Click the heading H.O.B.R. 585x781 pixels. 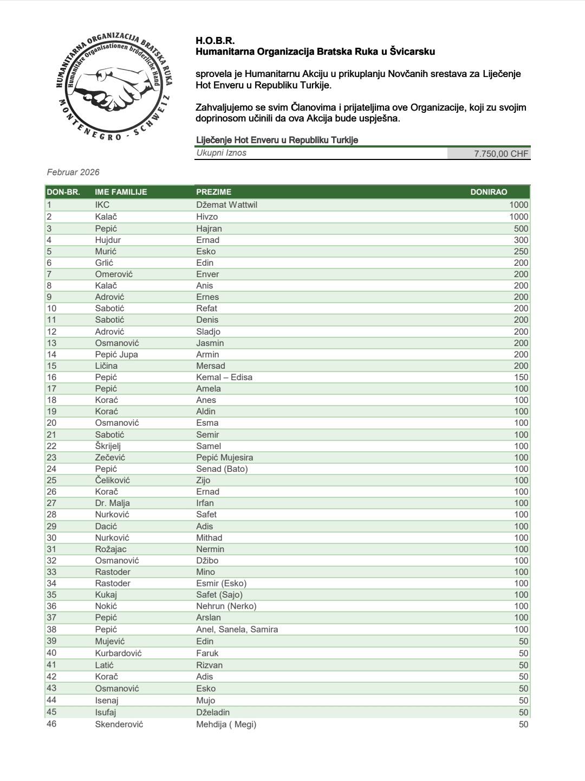pyautogui.click(x=215, y=41)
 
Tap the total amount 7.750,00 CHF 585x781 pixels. pyautogui.click(x=500, y=153)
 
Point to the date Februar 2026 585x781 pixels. pyautogui.click(x=73, y=172)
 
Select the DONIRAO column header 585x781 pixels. pyautogui.click(x=489, y=192)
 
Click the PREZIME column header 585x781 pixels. pyautogui.click(x=213, y=192)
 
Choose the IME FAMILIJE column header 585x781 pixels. pyautogui.click(x=121, y=192)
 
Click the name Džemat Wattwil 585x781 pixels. pyautogui.click(x=225, y=205)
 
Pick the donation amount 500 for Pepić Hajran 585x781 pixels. pyautogui.click(x=521, y=228)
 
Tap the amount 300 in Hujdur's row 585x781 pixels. pyautogui.click(x=521, y=240)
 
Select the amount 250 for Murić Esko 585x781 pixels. pyautogui.click(x=521, y=251)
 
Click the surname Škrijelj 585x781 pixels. pyautogui.click(x=108, y=446)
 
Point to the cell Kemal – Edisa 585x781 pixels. pyautogui.click(x=224, y=377)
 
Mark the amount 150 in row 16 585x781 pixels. pyautogui.click(x=521, y=377)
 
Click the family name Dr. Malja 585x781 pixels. pyautogui.click(x=112, y=503)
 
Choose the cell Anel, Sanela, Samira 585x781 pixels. pyautogui.click(x=237, y=629)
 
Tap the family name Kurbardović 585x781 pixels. pyautogui.click(x=119, y=653)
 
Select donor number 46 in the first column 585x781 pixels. pyautogui.click(x=51, y=724)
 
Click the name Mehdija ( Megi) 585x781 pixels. pyautogui.click(x=226, y=724)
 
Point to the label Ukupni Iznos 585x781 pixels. pyautogui.click(x=221, y=153)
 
